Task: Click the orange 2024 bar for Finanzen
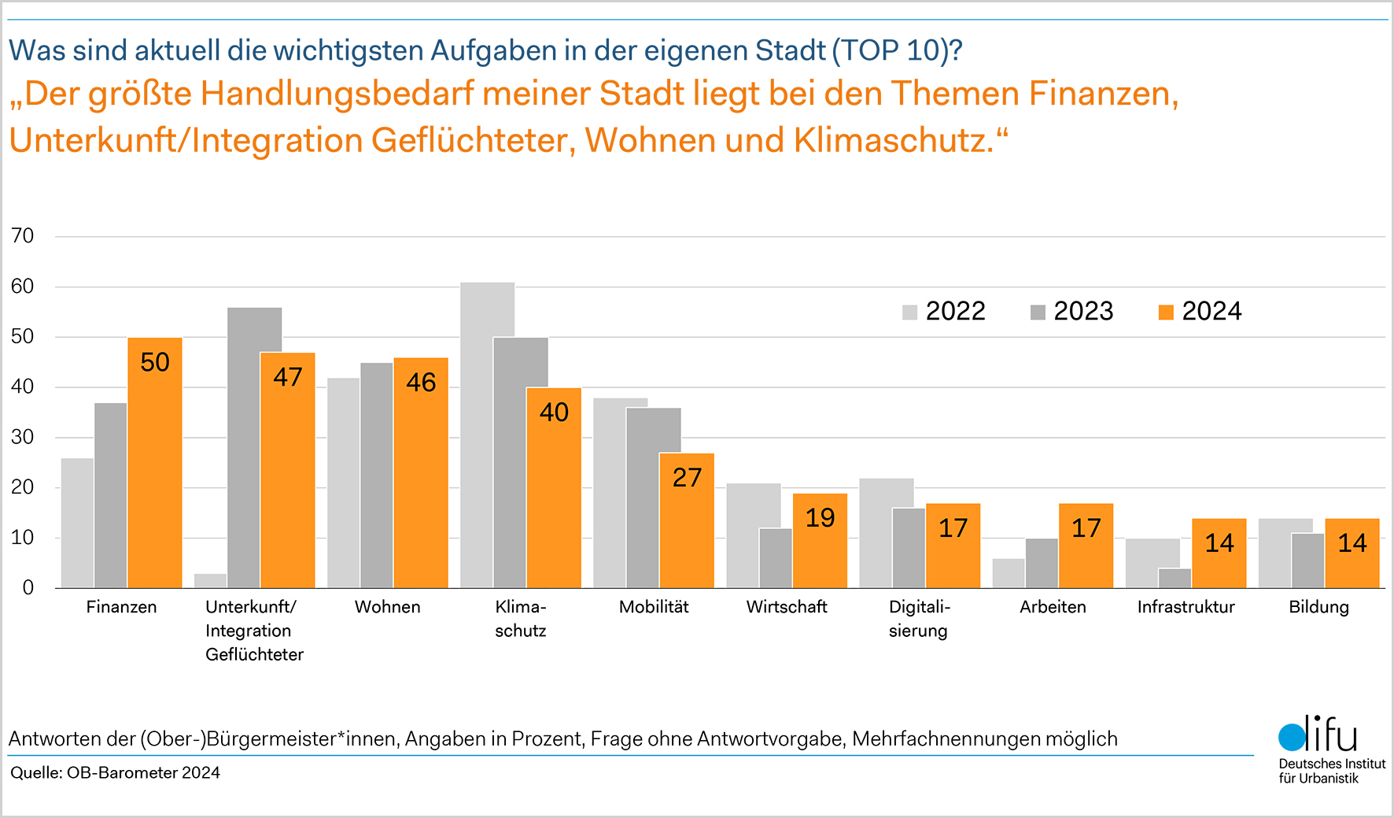point(155,472)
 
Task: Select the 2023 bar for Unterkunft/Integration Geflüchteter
point(254,449)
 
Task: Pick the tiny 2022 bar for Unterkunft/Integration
point(210,581)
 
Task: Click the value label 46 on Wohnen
point(421,383)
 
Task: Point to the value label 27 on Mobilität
point(687,478)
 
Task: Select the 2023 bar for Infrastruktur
point(1175,579)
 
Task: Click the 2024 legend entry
point(1200,312)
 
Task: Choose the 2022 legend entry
point(944,312)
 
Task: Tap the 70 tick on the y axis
point(23,236)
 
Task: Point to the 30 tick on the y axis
point(23,437)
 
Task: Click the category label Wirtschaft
point(787,607)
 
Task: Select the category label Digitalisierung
point(919,619)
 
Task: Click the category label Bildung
point(1318,607)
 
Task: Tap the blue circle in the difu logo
point(1292,738)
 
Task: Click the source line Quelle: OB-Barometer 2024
point(116,773)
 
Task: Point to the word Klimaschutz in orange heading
point(894,141)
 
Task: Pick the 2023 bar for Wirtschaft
point(776,559)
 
